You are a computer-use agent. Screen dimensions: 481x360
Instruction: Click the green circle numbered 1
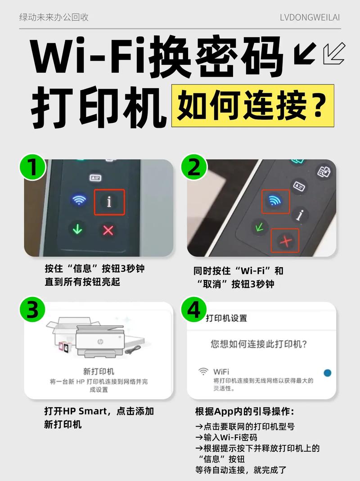point(32,169)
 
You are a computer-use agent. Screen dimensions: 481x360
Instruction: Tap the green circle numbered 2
point(194,169)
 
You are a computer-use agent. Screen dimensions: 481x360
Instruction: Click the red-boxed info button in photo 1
point(109,202)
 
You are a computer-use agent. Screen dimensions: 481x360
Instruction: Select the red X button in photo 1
point(108,230)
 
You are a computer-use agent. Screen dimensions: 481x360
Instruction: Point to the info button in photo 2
point(299,215)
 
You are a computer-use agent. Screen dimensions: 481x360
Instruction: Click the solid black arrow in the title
point(304,55)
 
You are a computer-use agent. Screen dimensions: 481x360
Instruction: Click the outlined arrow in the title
point(333,55)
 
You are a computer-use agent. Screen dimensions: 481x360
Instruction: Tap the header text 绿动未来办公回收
point(54,18)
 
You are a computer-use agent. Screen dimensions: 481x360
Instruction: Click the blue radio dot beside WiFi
point(328,372)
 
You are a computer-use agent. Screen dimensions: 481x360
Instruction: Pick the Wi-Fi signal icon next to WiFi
point(204,372)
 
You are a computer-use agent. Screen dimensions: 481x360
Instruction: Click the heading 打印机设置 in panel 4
point(226,318)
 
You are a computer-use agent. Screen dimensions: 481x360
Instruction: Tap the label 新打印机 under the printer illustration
point(99,371)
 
